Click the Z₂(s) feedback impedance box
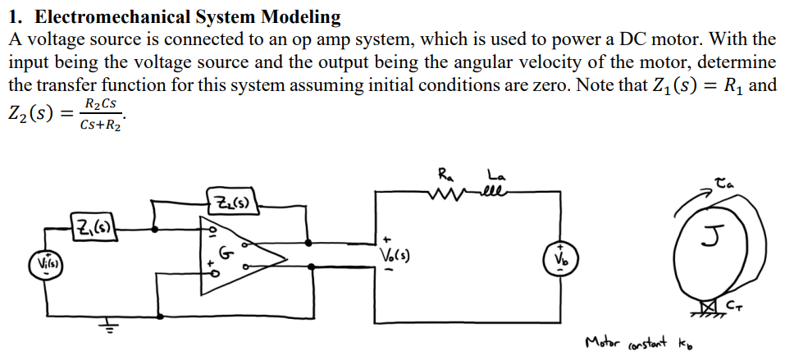coord(230,200)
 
